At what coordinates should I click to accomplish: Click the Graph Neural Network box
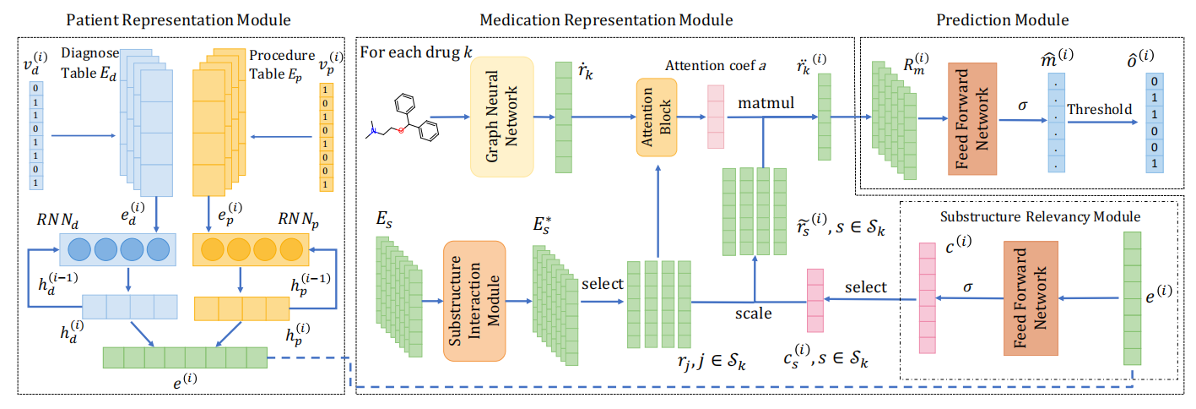point(501,117)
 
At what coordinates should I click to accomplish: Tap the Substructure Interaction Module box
point(474,301)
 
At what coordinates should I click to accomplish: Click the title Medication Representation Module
point(606,18)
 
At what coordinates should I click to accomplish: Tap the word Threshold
point(1098,110)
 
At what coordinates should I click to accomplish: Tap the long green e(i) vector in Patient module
point(184,357)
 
